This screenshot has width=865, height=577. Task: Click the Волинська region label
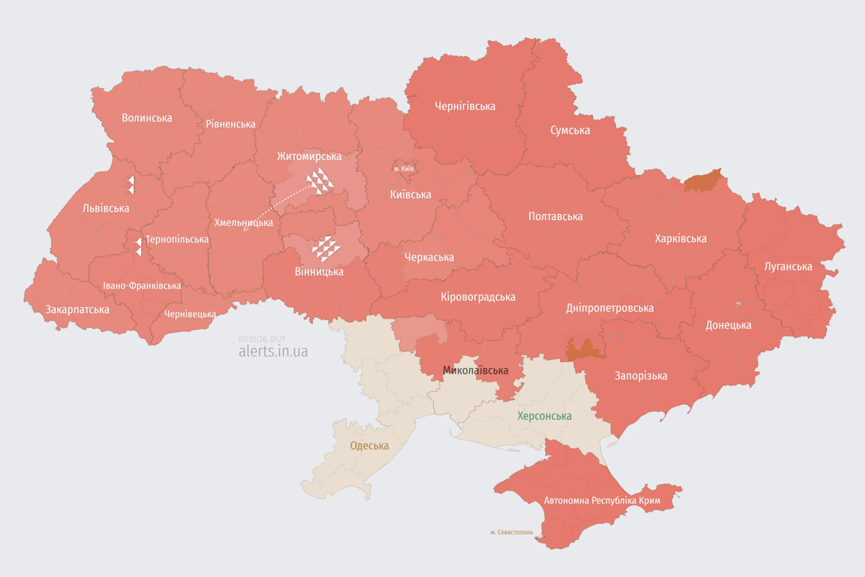(x=146, y=118)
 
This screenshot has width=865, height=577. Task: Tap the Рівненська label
(x=231, y=124)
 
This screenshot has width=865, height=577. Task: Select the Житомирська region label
(x=309, y=156)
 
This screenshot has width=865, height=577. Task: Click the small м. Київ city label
(x=404, y=169)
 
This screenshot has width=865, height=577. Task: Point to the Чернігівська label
(x=465, y=107)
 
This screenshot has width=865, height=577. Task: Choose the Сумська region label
(x=570, y=130)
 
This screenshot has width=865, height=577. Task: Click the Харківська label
(x=680, y=239)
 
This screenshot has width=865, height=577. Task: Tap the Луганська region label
(x=788, y=267)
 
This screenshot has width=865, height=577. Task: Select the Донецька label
(x=728, y=325)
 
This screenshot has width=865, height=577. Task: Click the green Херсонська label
(x=544, y=416)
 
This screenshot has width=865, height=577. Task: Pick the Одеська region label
(x=369, y=446)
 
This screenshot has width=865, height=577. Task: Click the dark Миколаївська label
(x=475, y=370)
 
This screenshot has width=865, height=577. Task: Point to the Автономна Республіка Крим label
(x=601, y=500)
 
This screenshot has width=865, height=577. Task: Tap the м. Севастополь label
(x=511, y=533)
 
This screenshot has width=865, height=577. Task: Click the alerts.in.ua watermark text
(x=273, y=352)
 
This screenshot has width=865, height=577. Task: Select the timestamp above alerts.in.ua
(x=261, y=339)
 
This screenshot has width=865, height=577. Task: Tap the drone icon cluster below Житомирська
(x=320, y=181)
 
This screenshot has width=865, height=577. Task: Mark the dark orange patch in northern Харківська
(x=703, y=180)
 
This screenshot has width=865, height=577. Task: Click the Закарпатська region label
(x=77, y=310)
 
